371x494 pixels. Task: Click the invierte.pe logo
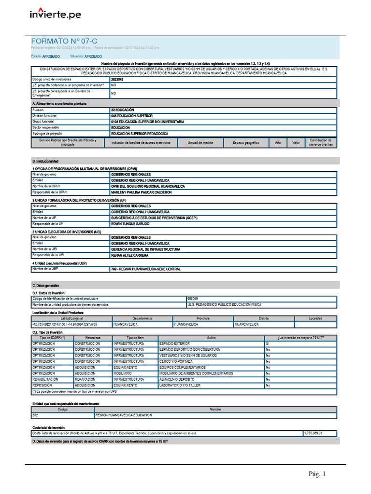55,14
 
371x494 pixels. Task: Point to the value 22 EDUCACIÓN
123,110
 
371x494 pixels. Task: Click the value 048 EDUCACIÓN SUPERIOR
131,116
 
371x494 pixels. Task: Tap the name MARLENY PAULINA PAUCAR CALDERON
141,192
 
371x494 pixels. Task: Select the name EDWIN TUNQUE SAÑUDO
130,224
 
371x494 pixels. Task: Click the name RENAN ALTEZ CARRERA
129,255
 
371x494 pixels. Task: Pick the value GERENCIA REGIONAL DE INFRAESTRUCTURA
145,249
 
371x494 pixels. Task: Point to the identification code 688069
193,299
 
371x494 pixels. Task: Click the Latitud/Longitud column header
71,318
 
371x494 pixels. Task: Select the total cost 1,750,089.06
313,433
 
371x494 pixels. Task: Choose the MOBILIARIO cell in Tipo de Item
122,373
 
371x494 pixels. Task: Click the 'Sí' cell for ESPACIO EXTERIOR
268,343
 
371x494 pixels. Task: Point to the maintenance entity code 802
35,415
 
